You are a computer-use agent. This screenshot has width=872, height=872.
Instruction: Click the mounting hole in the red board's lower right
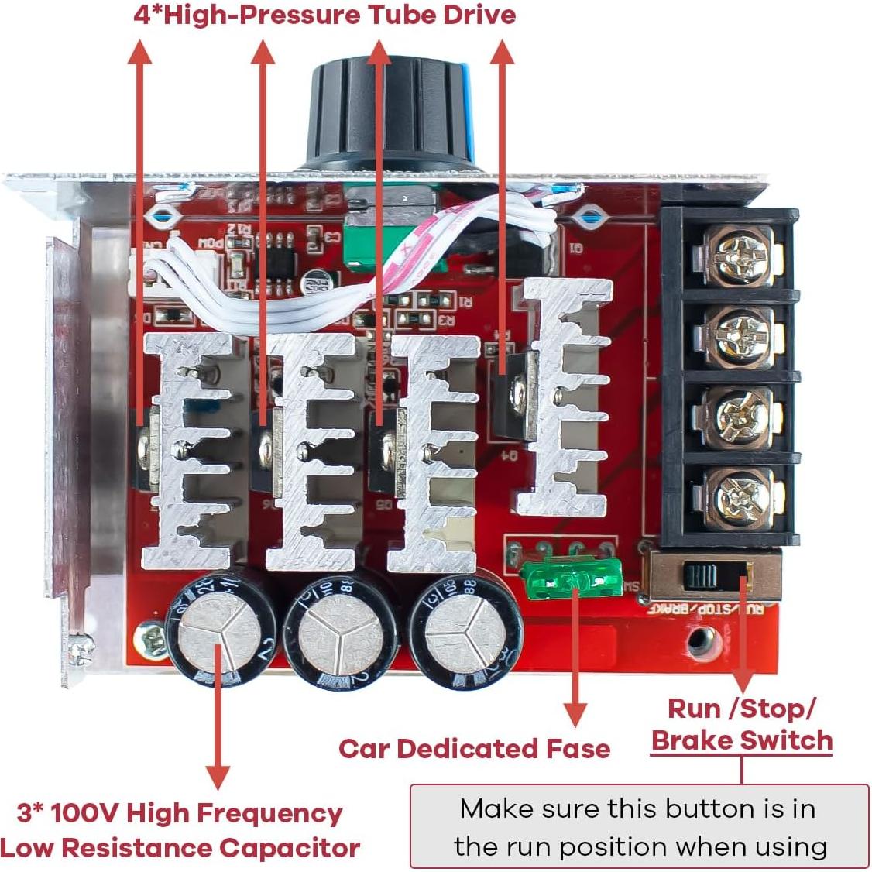point(703,639)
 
